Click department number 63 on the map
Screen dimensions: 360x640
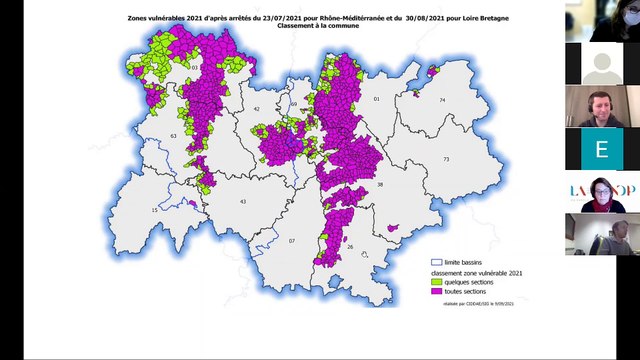tap(173, 135)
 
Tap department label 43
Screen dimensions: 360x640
tap(243, 201)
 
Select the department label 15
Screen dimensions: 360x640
tap(154, 210)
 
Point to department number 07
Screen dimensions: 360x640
tap(293, 241)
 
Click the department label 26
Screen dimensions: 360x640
tap(349, 246)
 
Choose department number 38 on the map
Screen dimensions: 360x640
tap(380, 185)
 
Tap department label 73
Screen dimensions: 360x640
tap(447, 160)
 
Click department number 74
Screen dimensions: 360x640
tap(441, 100)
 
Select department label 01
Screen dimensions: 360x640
tap(377, 100)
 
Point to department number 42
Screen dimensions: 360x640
tap(256, 108)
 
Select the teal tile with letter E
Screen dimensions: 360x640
tap(601, 148)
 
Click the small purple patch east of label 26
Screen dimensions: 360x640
tap(393, 228)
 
